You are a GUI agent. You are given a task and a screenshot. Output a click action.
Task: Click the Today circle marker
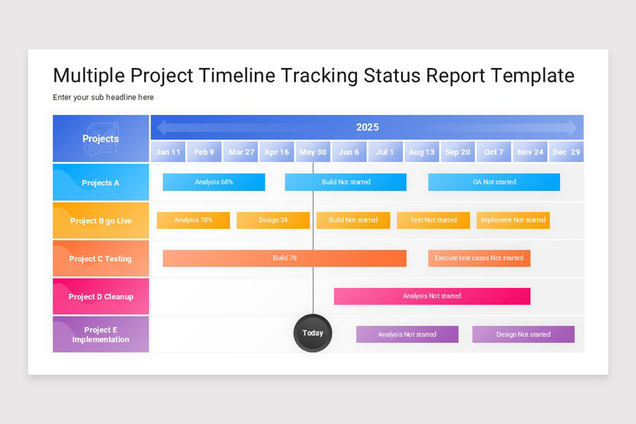click(313, 333)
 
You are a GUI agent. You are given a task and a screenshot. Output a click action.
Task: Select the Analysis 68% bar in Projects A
click(214, 182)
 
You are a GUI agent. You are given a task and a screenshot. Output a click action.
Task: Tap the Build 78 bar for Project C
click(285, 258)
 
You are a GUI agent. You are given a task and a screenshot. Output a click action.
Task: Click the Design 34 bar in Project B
click(273, 220)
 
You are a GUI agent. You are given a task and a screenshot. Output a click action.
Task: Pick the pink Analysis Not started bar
click(432, 296)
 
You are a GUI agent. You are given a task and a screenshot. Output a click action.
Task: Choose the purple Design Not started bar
click(523, 334)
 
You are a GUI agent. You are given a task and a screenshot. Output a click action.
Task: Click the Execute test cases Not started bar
click(479, 258)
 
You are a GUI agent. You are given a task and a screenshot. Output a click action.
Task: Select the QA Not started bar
click(494, 182)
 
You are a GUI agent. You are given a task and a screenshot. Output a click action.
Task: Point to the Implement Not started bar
click(513, 220)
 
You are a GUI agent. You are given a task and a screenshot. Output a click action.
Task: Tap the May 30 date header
click(313, 152)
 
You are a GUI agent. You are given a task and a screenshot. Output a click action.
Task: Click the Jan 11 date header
click(168, 152)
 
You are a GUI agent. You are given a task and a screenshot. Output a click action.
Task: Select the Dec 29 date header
click(567, 152)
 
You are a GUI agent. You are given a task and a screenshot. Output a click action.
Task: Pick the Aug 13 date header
click(422, 152)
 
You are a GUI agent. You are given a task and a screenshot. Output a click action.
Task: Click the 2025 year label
click(367, 127)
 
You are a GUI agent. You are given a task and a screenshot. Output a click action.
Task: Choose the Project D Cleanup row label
click(101, 297)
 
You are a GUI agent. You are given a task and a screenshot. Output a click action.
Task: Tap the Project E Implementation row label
click(101, 334)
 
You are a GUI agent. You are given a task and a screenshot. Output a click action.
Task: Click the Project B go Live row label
click(101, 220)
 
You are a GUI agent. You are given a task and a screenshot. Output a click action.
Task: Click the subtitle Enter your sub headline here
click(103, 98)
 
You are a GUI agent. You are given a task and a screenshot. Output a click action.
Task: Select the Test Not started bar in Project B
click(434, 220)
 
